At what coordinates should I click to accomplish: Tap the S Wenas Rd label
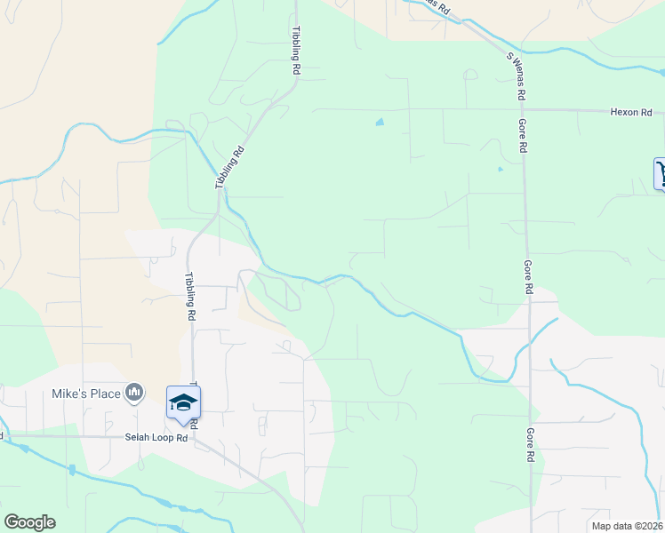pos(517,75)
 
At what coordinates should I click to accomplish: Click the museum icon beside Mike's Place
pos(134,393)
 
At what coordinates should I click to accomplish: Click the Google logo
pos(29,522)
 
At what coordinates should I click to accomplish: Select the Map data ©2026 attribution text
pos(628,525)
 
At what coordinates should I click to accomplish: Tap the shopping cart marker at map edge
pos(660,173)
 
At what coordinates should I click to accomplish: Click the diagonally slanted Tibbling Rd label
pos(229,167)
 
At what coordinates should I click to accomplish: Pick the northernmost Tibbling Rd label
pos(295,50)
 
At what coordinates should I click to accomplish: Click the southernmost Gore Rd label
pos(531,444)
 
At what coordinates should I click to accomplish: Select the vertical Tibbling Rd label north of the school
pos(190,297)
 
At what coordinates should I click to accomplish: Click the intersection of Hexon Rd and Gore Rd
pos(522,111)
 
